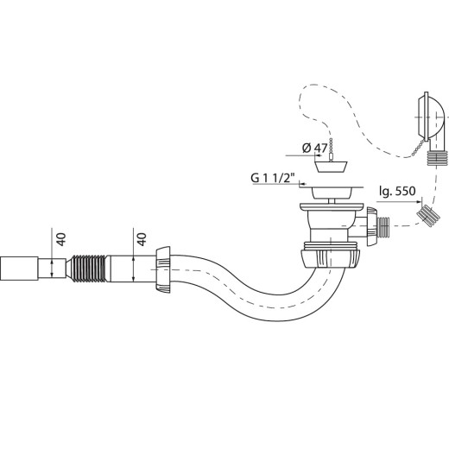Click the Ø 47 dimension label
pos(315,149)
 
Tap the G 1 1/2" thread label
pos(274,178)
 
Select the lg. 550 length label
pos(397,191)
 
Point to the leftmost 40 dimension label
pos(61,239)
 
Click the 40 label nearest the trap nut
pos(142,239)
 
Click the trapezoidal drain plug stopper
pos(331,167)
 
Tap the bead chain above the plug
pos(332,149)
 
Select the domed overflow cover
pos(430,117)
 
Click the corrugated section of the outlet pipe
pos(88,269)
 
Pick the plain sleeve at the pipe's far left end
pos(19,269)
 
